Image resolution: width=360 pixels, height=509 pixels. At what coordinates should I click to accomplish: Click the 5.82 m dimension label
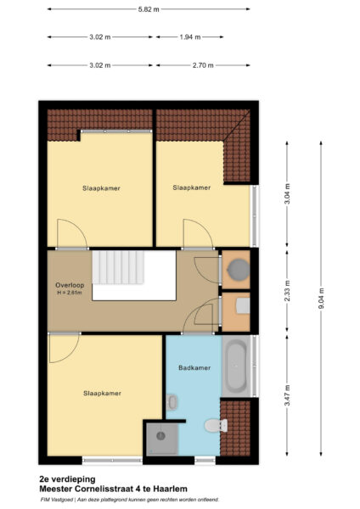coord(149,9)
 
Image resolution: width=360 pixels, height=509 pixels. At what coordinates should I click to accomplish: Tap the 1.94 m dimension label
coord(190,37)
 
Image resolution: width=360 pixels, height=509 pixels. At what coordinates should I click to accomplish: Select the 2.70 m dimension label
coord(203,65)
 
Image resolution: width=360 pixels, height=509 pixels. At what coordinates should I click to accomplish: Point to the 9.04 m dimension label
coord(321,299)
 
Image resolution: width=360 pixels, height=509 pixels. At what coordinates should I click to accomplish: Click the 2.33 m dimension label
coord(287,291)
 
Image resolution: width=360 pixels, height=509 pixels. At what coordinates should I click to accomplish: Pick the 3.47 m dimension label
coord(287,395)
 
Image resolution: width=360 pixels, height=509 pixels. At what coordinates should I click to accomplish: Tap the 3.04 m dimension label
coord(287,193)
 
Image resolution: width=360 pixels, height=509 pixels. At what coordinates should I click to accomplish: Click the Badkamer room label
coord(194,368)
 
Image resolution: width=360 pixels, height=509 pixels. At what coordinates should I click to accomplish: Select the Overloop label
coord(70,285)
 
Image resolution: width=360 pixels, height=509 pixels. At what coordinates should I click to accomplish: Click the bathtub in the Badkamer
coord(236,366)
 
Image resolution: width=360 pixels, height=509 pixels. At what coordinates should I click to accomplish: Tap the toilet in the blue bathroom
coord(216,425)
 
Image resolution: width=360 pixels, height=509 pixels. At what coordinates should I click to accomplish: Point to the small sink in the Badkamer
coord(172,402)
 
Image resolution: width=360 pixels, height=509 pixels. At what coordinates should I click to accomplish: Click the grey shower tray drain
coord(161,436)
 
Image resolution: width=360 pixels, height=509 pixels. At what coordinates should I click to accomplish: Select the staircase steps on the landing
coord(118,267)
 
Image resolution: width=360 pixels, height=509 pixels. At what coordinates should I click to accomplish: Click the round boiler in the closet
coord(239,270)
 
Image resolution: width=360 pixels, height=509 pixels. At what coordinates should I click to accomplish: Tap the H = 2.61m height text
coord(70,293)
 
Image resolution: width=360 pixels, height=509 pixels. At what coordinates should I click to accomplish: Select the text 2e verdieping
coord(67,479)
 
